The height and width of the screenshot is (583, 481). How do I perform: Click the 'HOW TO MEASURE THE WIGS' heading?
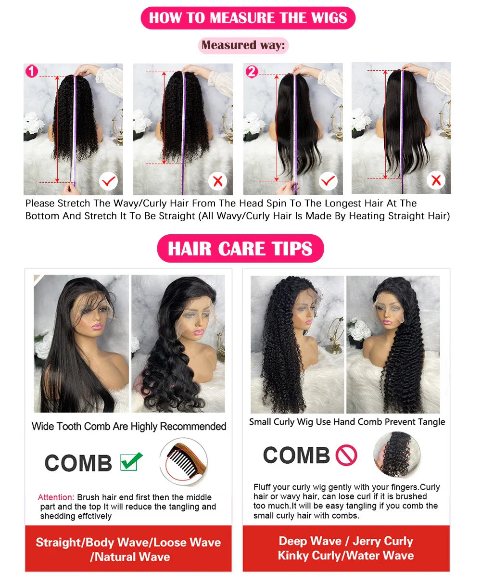(248, 18)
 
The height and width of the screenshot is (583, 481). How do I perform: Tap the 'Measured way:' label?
(243, 45)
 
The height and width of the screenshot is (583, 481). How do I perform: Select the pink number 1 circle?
(31, 72)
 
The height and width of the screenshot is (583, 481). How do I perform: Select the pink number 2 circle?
(252, 72)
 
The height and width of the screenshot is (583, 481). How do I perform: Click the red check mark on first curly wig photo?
(108, 181)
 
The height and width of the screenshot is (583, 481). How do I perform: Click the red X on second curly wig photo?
(217, 181)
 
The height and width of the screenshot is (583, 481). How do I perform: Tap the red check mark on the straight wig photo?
(328, 181)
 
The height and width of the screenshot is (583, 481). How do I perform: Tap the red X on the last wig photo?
(436, 180)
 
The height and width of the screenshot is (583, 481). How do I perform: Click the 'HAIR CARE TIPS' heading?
(240, 249)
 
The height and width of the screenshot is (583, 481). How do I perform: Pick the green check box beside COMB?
(131, 462)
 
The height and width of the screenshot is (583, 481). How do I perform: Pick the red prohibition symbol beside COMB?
(346, 455)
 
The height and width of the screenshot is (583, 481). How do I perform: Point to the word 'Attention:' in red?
(56, 497)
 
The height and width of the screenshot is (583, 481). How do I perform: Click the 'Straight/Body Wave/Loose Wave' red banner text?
(128, 543)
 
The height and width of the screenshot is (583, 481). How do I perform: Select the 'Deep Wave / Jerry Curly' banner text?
(345, 541)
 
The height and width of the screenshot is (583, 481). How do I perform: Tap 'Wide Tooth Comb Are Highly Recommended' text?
(129, 427)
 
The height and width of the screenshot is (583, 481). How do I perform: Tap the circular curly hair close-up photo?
(397, 454)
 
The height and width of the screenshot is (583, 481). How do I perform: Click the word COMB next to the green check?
(78, 463)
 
